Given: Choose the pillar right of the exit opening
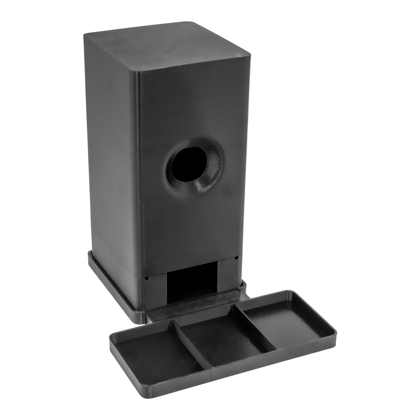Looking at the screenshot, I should pyautogui.click(x=226, y=275).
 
